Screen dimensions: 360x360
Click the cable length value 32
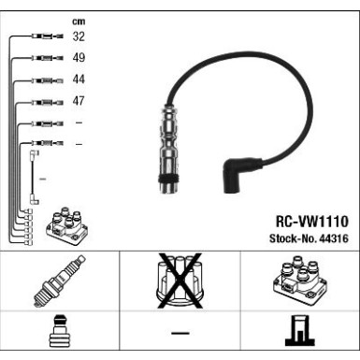tap(79, 37)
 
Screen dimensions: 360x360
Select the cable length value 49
tap(79, 58)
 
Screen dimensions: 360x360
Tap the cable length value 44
tap(79, 79)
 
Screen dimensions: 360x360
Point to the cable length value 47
tap(79, 100)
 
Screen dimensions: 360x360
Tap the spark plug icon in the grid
tap(59, 281)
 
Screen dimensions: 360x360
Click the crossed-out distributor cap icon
tap(179, 281)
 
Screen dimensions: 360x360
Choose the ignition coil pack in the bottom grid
tap(298, 281)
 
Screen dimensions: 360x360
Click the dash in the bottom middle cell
tap(180, 335)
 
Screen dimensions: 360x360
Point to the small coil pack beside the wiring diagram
tap(65, 224)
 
